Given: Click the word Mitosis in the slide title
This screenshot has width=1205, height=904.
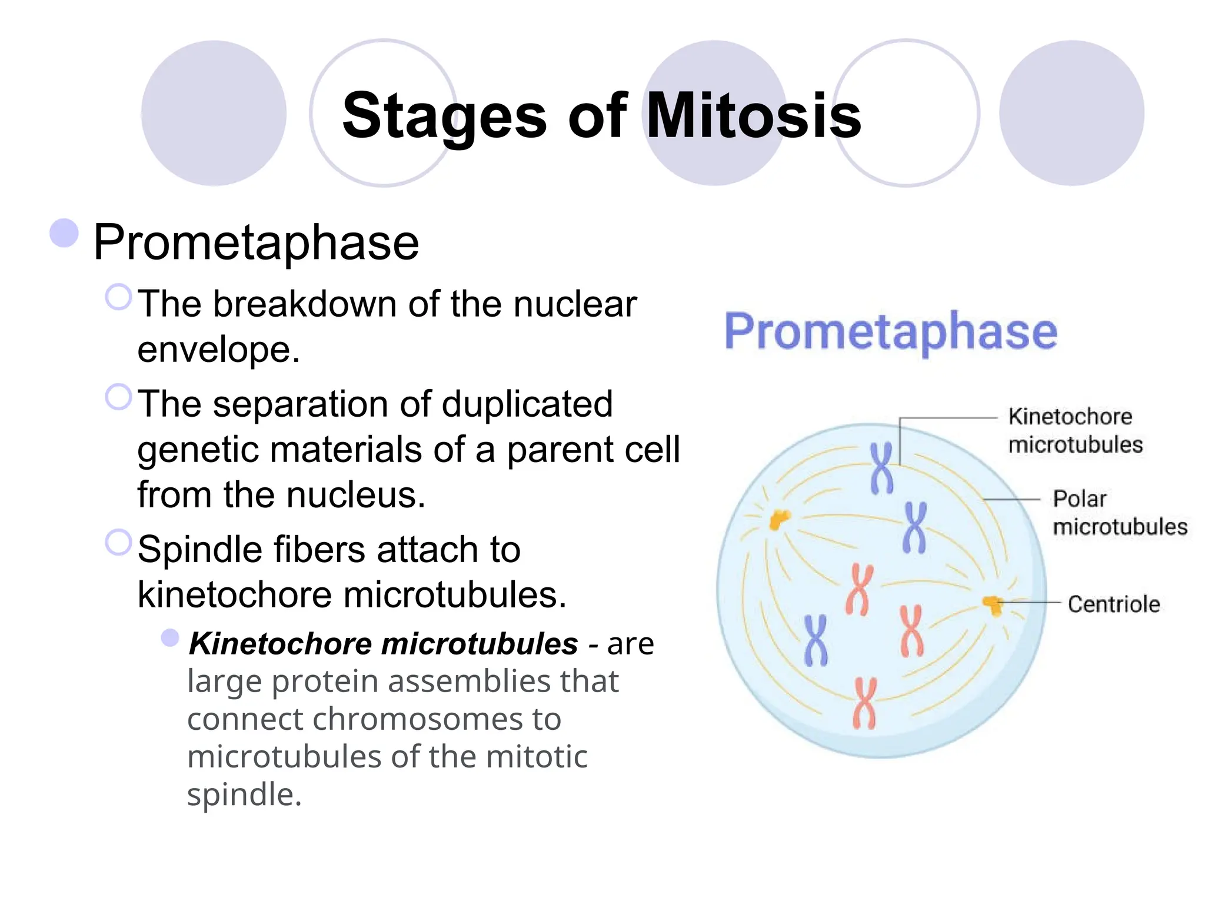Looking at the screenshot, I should pos(754,116).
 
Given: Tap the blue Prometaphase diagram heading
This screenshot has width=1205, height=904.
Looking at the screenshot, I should pos(890,331).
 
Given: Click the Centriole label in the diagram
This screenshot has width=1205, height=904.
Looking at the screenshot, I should pos(1113,604).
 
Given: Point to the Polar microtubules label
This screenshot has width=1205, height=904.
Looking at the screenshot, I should pos(1119,513).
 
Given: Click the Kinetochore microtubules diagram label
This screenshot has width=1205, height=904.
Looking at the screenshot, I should pos(1075,431).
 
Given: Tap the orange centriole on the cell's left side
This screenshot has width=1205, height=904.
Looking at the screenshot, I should pos(779,519).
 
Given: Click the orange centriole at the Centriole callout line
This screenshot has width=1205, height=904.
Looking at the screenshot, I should pos(993,604).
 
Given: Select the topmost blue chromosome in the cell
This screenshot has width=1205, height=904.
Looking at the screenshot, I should pos(881,468).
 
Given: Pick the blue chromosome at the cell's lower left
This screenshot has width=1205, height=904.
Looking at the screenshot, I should pos(815,640).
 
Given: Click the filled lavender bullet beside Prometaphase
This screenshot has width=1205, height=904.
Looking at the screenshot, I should pos(64,233).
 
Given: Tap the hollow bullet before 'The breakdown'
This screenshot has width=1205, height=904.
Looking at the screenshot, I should pos(118,297).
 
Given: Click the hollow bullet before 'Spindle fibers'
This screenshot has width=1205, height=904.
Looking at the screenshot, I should pos(118,542).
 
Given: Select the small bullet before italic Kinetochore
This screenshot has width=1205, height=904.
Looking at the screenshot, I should pos(170,637).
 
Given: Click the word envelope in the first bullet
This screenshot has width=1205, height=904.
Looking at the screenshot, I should pos(218,350).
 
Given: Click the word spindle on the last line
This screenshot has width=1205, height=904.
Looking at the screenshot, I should pos(244,795).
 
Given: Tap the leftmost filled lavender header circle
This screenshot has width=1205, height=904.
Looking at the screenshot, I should pos(214,113).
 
